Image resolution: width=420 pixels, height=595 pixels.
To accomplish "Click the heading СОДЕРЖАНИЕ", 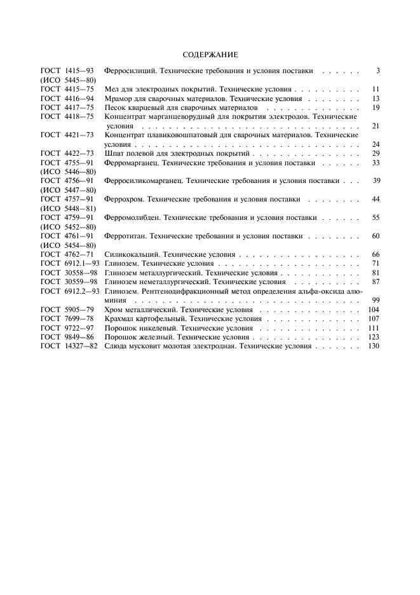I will click(x=210, y=55).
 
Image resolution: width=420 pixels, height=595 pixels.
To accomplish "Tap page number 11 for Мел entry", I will click(x=376, y=89).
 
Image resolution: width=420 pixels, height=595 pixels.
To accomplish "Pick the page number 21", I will click(x=376, y=126).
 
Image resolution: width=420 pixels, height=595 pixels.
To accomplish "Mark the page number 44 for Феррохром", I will click(x=376, y=199).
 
